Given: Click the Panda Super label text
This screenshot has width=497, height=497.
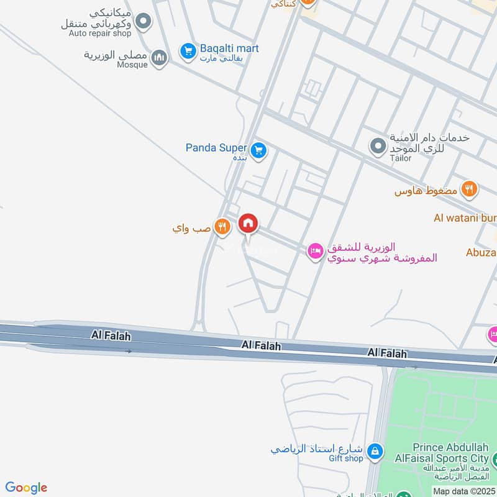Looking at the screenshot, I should coord(216,148).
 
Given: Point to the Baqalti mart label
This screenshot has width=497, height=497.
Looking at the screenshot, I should coord(229,48).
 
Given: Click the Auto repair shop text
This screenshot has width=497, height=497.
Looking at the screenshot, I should coord(99,33).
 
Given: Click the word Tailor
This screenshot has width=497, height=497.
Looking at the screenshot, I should coord(401,158).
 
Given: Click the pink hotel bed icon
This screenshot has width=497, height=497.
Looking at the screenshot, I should coord(315,252).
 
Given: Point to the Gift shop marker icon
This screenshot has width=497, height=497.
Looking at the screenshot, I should coord(375,451).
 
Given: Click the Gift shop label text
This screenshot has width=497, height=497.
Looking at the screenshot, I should coord(345,458).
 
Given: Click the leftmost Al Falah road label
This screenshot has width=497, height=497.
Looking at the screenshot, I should coord(105,335).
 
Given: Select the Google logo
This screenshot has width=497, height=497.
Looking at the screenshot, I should coord(26,488).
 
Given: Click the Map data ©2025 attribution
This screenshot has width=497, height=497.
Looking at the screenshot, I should coord(463,491).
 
